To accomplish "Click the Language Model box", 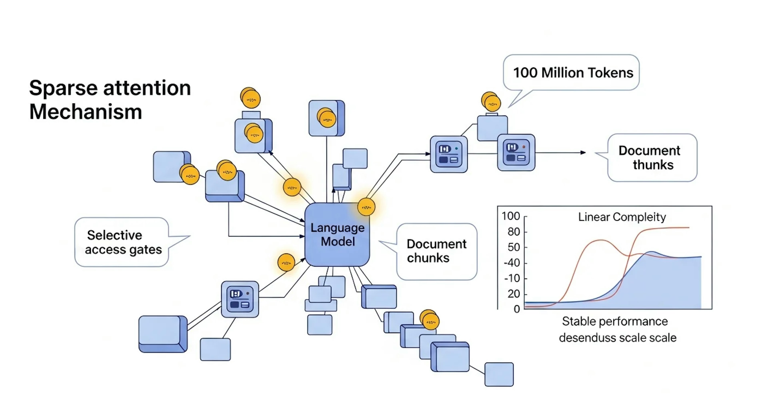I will [337, 235].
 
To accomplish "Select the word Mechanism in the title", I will [86, 112].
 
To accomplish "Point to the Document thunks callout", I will [652, 157].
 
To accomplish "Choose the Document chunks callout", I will [436, 251].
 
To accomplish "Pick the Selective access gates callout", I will [122, 242].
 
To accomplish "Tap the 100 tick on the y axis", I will [511, 216].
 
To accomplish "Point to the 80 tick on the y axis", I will [513, 232].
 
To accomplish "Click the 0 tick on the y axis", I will [517, 309].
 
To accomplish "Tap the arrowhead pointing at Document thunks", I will [583, 153].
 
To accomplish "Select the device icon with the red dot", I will [516, 152].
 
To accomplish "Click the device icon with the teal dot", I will [449, 154].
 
